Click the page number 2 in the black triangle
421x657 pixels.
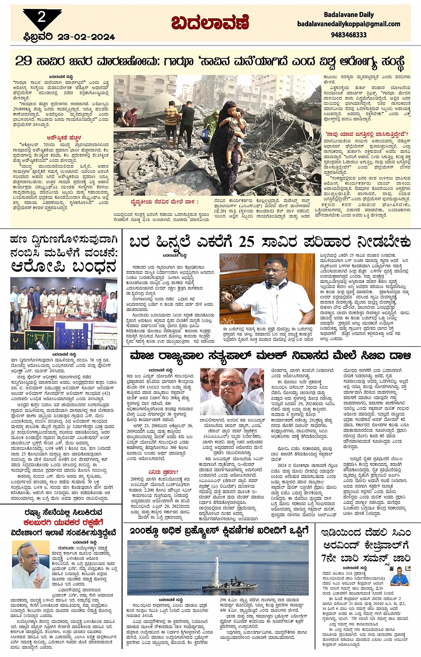pos(41,17)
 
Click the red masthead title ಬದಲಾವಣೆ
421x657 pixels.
pos(210,23)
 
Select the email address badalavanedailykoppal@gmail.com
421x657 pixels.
pos(349,24)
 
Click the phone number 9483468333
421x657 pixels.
pos(349,34)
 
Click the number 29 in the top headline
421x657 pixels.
pos(24,61)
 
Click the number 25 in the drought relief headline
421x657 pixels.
pos(246,242)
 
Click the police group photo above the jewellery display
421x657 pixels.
pos(64,303)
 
